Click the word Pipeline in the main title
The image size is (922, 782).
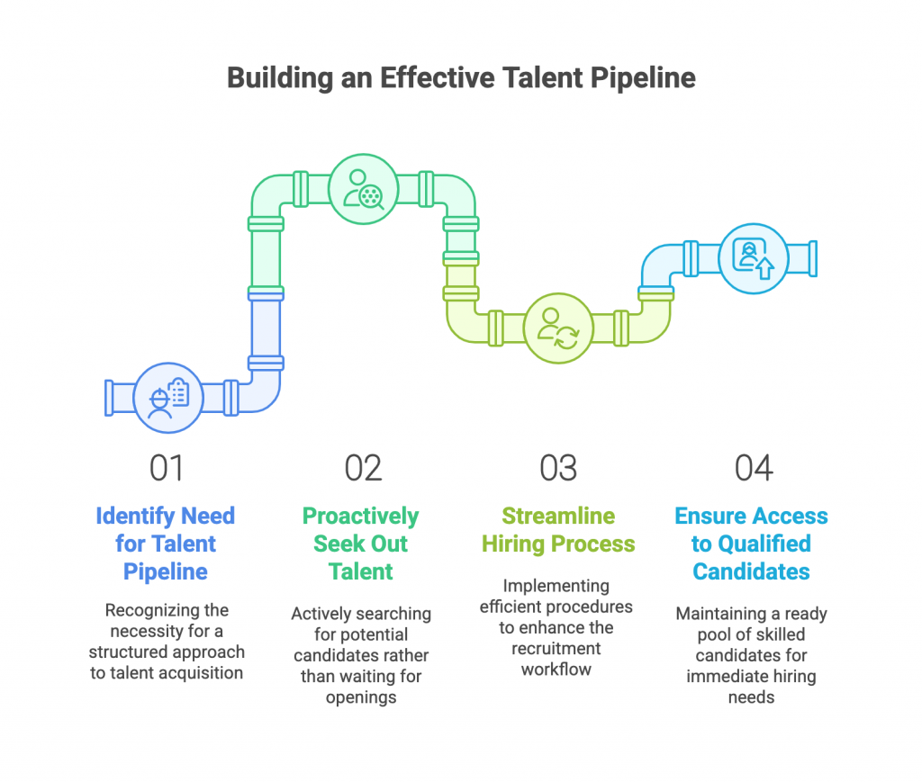[643, 78]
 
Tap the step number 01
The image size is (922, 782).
[167, 468]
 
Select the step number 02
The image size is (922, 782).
[362, 468]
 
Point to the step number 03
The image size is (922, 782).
[557, 468]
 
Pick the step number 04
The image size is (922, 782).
[753, 468]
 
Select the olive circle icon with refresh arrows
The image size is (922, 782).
[557, 328]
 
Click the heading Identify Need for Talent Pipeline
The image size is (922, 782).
[167, 544]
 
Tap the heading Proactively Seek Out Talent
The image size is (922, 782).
[361, 544]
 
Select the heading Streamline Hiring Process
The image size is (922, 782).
[557, 530]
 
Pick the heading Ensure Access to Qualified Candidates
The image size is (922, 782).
[752, 544]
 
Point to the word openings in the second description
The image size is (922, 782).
[361, 697]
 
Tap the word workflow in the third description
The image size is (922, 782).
[557, 669]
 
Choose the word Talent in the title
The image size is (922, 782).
[539, 78]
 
